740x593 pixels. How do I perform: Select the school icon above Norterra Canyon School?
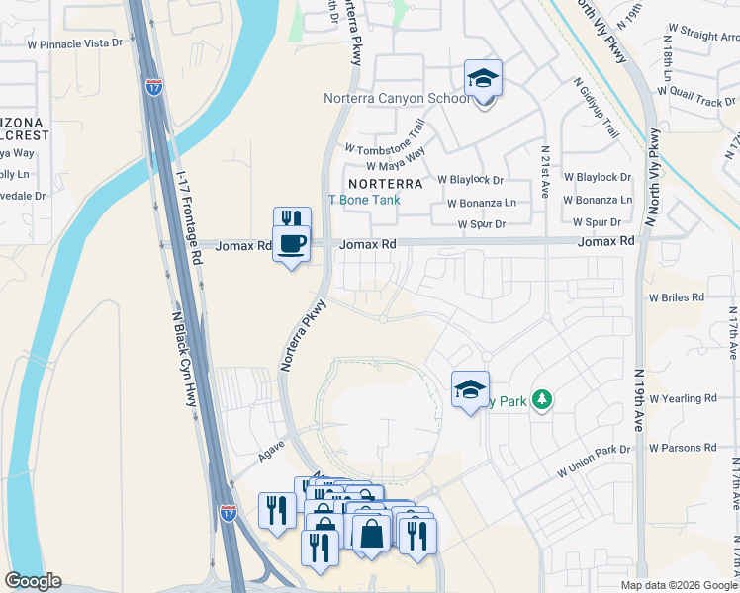coord(483,78)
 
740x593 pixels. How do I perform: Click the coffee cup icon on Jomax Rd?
coord(291,243)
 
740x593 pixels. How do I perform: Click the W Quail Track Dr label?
coord(698,100)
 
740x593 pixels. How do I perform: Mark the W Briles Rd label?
coord(676,296)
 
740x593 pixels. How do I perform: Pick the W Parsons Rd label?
coord(682,448)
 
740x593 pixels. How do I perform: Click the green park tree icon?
coord(541,399)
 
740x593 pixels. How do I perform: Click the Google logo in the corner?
coord(34,581)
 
